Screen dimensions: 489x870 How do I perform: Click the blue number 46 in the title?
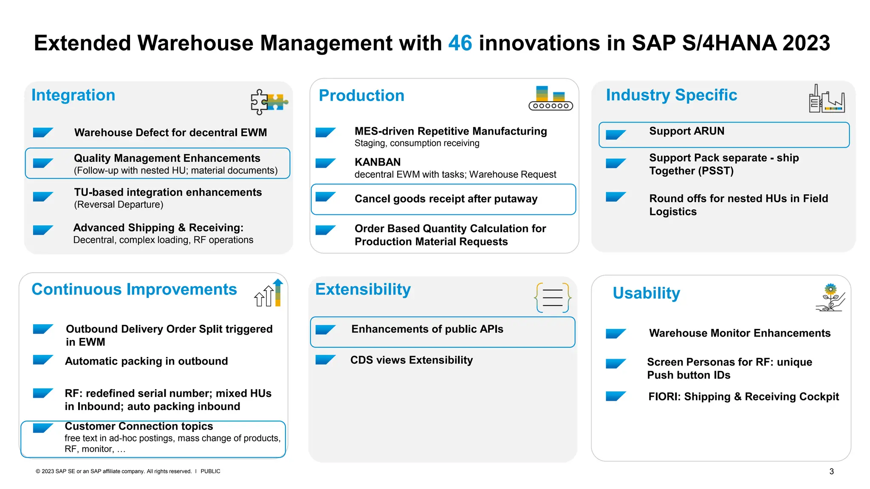point(460,43)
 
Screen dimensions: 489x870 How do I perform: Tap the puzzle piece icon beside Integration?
point(269,102)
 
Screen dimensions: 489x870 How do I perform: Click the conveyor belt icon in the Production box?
point(551,99)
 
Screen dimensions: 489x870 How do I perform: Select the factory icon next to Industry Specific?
point(826,99)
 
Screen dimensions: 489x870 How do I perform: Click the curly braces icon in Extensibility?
point(552,298)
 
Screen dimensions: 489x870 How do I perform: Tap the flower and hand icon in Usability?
point(830,298)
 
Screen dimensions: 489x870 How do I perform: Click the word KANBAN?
point(378,162)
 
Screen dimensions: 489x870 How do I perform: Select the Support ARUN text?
point(686,131)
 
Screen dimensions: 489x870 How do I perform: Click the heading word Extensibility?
point(363,289)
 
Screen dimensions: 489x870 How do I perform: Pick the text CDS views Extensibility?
point(411,360)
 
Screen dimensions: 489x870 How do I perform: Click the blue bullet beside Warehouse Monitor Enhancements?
point(616,334)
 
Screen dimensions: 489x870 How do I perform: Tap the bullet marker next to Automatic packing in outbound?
point(43,360)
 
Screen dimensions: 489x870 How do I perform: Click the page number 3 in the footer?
point(831,472)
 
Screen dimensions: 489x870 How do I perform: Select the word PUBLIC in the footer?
point(210,472)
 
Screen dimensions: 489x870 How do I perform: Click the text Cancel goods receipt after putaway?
point(446,199)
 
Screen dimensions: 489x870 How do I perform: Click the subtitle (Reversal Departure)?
point(119,205)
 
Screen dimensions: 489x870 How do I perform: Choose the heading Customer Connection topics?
point(138,426)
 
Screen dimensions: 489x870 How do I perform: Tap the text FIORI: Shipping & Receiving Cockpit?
point(743,397)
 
